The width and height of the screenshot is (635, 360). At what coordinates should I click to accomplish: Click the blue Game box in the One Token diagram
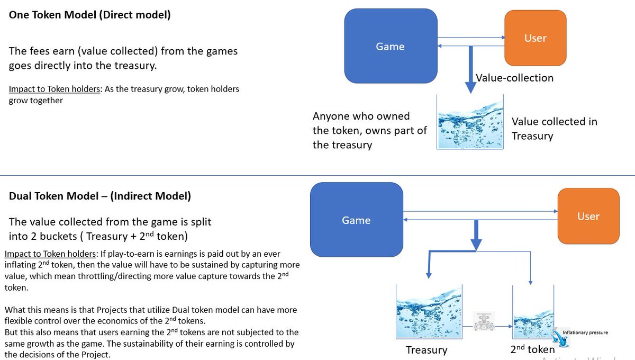click(391, 47)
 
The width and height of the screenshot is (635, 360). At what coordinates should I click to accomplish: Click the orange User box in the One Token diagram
click(535, 38)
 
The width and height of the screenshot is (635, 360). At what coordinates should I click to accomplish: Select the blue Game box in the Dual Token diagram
click(356, 220)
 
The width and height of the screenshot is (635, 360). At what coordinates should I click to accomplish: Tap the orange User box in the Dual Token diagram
click(588, 217)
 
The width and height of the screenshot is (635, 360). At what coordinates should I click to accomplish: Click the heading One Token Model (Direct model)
click(89, 15)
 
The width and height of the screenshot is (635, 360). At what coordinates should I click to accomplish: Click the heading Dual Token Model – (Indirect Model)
click(100, 196)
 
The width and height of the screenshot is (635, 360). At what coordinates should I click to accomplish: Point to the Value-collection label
click(514, 78)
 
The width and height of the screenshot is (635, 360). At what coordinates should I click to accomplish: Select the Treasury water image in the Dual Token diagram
click(429, 313)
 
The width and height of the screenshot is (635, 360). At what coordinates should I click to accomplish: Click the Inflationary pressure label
click(585, 332)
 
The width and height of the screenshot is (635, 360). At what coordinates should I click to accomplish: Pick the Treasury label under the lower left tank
click(426, 350)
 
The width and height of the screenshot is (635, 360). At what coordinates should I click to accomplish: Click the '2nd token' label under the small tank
click(532, 349)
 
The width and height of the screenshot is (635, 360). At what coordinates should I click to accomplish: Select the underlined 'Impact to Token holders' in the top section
click(55, 89)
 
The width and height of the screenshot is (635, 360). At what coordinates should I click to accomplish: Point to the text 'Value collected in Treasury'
click(554, 129)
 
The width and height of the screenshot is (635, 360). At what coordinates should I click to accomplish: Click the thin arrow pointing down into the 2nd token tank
click(530, 270)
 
